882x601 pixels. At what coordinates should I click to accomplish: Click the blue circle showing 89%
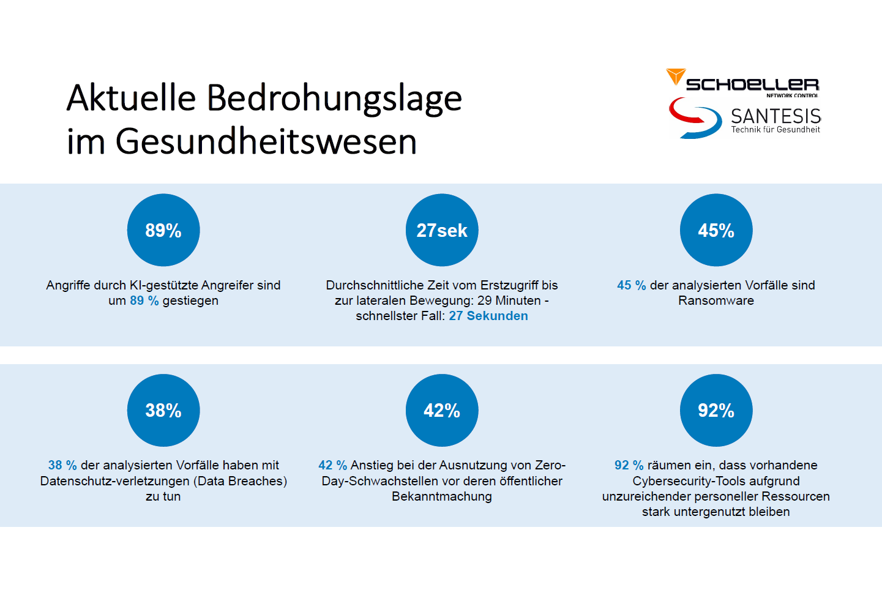[x=163, y=230]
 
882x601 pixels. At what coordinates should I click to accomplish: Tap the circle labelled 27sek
[x=442, y=230]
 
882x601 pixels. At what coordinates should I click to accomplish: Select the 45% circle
[x=716, y=230]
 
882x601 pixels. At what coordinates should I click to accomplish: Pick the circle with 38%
[x=163, y=410]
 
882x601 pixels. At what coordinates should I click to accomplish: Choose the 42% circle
[x=442, y=410]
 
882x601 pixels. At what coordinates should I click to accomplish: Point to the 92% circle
[x=716, y=410]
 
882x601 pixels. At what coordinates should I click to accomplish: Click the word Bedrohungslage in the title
[x=334, y=98]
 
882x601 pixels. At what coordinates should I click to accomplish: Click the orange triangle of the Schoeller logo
[x=676, y=77]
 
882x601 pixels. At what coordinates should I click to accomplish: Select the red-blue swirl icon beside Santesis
[x=695, y=118]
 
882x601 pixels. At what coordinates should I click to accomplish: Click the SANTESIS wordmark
[x=775, y=116]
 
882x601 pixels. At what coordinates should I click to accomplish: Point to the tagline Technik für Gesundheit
[x=775, y=130]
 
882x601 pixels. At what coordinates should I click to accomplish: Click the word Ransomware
[x=716, y=300]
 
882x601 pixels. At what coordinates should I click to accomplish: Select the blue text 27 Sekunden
[x=488, y=316]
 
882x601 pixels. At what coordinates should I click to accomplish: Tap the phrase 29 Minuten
[x=509, y=300]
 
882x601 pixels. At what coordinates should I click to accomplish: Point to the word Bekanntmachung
[x=442, y=496]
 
